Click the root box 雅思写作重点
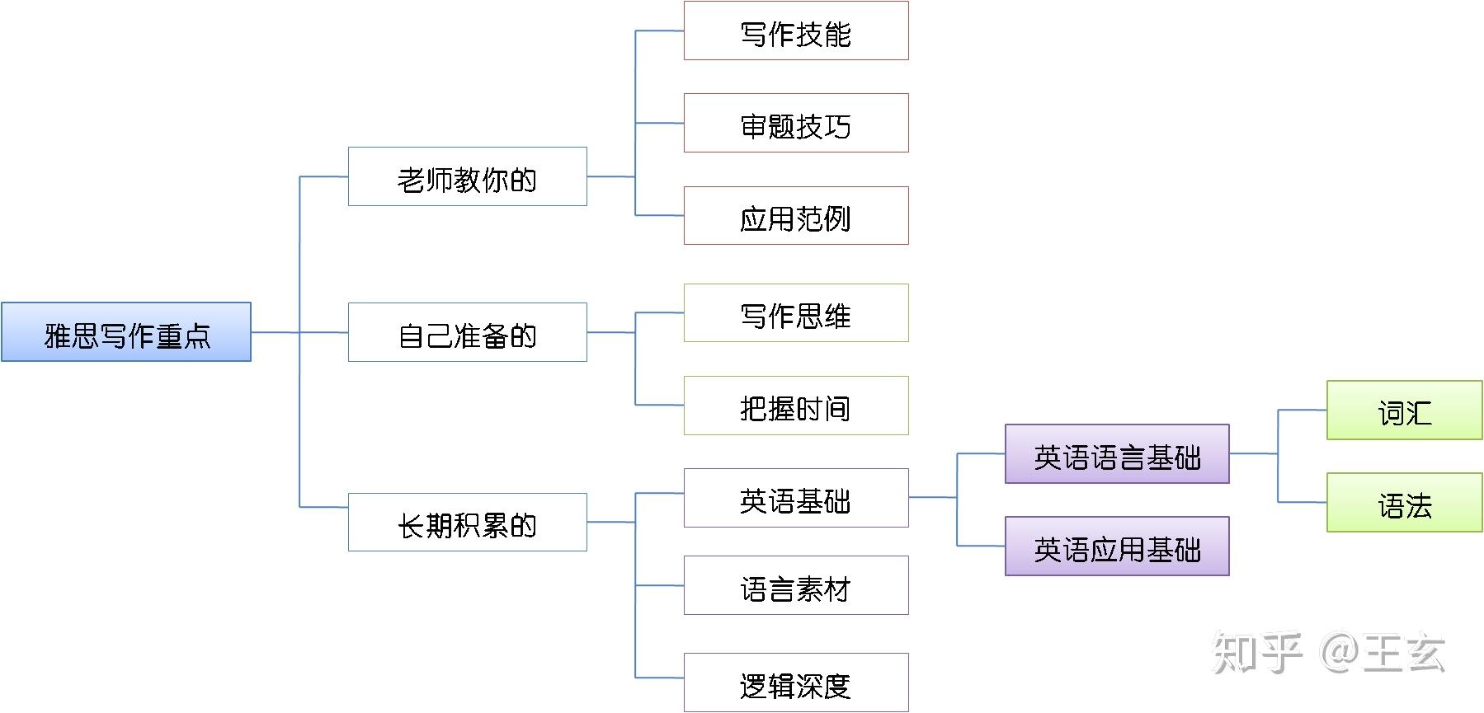click(126, 332)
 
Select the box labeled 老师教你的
click(467, 176)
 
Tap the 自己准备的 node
click(467, 332)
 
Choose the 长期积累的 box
click(467, 523)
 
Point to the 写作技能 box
click(796, 31)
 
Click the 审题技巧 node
click(796, 124)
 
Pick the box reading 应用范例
click(796, 216)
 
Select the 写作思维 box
click(796, 313)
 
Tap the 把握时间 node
click(796, 406)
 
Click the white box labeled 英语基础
click(796, 498)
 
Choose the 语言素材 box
click(796, 585)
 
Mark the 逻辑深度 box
click(796, 683)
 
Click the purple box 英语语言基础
click(1117, 454)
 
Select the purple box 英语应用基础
click(1117, 546)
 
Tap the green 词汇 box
click(1404, 410)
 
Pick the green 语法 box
click(1404, 503)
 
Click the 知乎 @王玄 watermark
click(1328, 653)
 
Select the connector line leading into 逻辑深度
click(659, 678)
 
